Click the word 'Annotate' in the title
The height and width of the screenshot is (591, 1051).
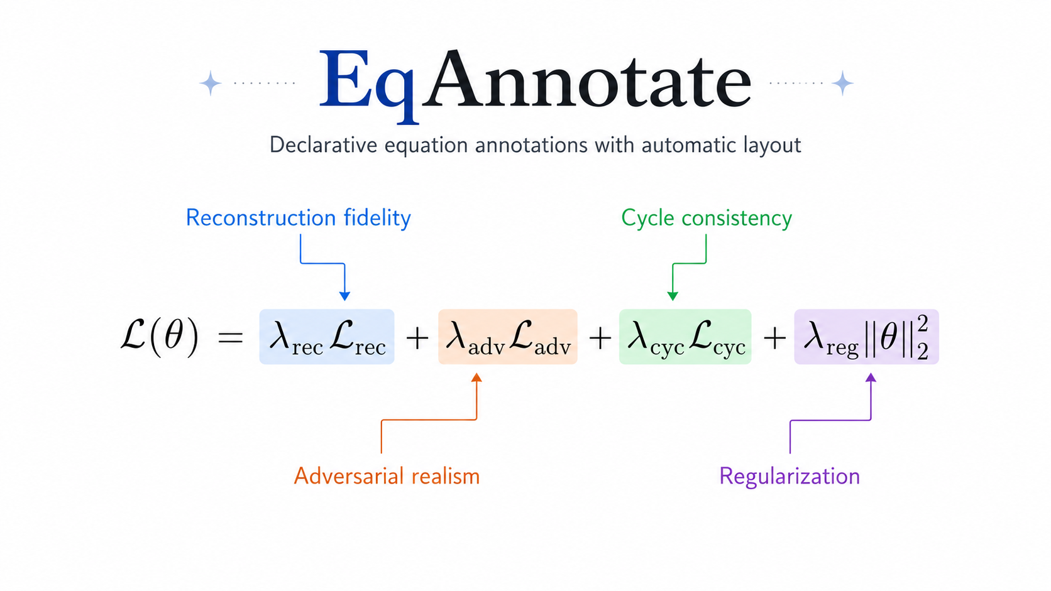click(586, 79)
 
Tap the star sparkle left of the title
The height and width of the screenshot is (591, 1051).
click(210, 84)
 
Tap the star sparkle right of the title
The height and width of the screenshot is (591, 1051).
click(842, 84)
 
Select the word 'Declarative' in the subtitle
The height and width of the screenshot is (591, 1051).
click(323, 144)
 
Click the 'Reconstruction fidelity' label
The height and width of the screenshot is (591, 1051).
click(299, 218)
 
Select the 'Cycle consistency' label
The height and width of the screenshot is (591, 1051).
click(707, 219)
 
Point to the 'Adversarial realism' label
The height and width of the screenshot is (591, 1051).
click(387, 476)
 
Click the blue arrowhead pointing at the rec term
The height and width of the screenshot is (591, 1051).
click(345, 296)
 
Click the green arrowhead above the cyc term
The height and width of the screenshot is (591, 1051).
click(673, 296)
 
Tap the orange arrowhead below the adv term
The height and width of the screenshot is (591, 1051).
click(476, 377)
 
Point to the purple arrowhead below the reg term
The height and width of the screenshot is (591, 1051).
click(871, 377)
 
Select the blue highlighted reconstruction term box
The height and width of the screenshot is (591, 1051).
click(327, 337)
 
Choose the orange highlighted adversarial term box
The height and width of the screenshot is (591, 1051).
click(508, 337)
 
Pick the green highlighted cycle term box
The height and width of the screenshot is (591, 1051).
click(685, 337)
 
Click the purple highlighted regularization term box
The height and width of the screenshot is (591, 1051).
click(867, 337)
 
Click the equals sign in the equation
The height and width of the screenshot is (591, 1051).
click(230, 337)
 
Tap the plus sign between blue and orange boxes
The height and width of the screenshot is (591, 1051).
click(417, 338)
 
